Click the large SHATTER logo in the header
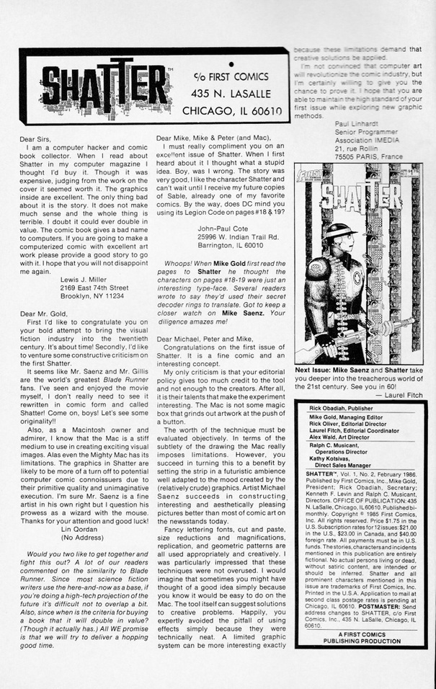click(104, 87)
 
